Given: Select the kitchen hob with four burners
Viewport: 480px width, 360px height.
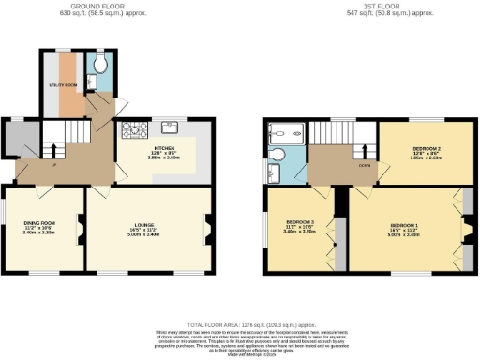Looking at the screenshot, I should [131, 129].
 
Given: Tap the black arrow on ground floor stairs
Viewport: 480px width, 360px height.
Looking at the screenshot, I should [53, 150].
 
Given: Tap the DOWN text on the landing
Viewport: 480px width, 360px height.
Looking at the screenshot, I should [363, 165].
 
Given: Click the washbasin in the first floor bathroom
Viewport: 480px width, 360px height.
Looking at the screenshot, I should [273, 172].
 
